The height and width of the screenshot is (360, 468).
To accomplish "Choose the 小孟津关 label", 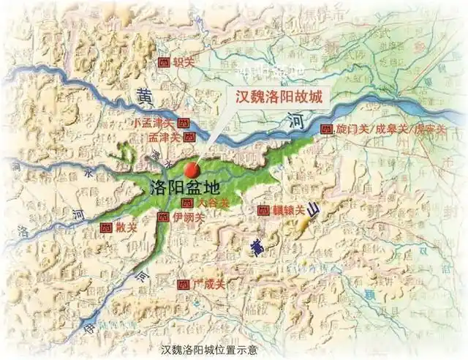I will coord(154,124).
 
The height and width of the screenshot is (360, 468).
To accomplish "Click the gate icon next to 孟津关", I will coord(189,137).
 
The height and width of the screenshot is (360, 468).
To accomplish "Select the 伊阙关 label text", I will coord(189,217).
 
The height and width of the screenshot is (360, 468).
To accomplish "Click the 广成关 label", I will coord(205,283).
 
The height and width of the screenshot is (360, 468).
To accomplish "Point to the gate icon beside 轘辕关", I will coord(264,211).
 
